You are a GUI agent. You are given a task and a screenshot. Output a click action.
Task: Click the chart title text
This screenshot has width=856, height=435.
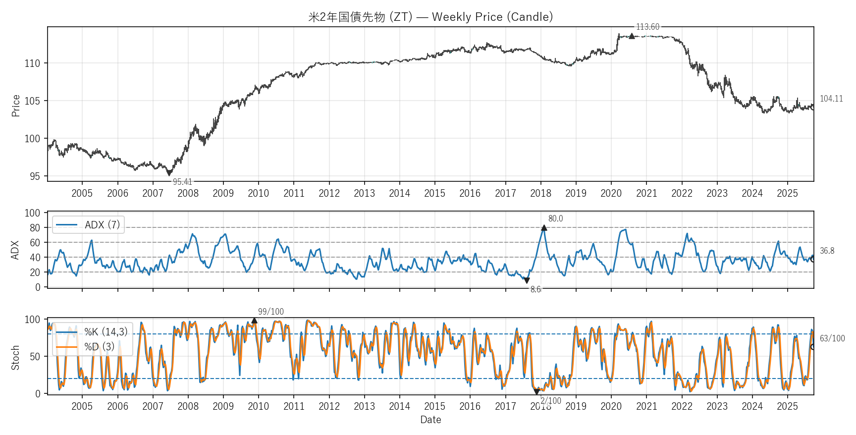[x=430, y=17]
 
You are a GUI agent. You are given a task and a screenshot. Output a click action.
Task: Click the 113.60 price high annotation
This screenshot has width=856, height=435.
[x=647, y=27]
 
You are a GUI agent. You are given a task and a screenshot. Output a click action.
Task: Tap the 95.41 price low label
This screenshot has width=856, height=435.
[x=182, y=182]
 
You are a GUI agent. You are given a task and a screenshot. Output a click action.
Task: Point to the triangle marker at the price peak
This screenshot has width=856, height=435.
[x=632, y=36]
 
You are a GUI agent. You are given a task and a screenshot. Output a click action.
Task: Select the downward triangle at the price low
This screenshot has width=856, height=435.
[x=169, y=173]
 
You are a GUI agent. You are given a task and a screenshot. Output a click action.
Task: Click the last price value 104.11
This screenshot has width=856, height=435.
[x=831, y=99]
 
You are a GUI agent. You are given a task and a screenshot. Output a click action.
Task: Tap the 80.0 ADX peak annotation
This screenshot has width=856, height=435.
[x=555, y=218]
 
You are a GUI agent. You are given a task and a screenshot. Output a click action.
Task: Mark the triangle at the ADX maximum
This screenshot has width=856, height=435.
[x=544, y=228]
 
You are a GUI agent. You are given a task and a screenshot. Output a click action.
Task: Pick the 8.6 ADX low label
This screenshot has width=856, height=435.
[x=535, y=289]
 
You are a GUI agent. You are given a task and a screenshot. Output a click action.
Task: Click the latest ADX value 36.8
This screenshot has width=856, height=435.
[x=827, y=251]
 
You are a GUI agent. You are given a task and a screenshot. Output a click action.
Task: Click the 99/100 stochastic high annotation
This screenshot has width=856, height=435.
[x=271, y=312]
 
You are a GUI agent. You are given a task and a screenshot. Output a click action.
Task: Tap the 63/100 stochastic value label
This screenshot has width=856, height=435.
[x=832, y=338]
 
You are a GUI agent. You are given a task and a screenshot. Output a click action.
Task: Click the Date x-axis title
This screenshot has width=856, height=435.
[x=430, y=420]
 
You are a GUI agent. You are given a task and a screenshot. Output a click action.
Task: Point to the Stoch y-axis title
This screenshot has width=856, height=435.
[x=15, y=357]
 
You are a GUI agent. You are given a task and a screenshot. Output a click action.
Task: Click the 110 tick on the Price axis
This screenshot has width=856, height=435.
[x=33, y=63]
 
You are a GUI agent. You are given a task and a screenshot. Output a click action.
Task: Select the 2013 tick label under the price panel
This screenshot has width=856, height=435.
[x=364, y=193]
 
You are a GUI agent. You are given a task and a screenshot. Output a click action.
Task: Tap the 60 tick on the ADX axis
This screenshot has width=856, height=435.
[x=35, y=243]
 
